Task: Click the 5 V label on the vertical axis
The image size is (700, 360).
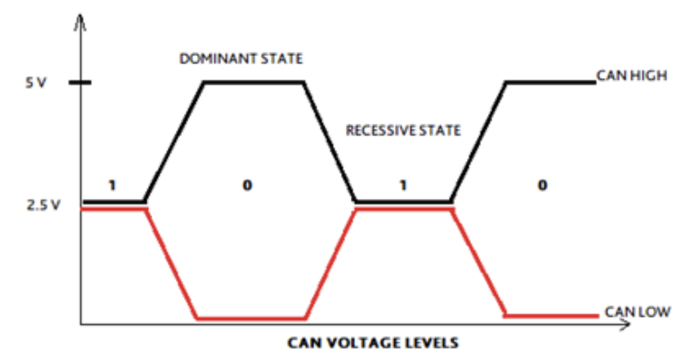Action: pyautogui.click(x=36, y=83)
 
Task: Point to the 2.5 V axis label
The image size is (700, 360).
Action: pyautogui.click(x=43, y=205)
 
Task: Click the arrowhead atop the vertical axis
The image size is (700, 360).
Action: pyautogui.click(x=80, y=21)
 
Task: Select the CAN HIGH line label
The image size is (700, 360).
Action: pyautogui.click(x=632, y=75)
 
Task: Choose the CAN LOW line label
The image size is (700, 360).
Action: pyautogui.click(x=637, y=311)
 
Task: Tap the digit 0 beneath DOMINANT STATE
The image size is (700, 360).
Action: pyautogui.click(x=247, y=185)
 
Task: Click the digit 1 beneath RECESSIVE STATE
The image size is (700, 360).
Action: pyautogui.click(x=403, y=185)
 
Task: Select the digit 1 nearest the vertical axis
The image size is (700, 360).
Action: pyautogui.click(x=112, y=185)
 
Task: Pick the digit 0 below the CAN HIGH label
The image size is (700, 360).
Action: pyautogui.click(x=542, y=185)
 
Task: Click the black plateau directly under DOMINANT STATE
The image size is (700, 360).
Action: pyautogui.click(x=253, y=82)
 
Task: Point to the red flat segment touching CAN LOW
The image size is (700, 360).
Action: pyautogui.click(x=551, y=315)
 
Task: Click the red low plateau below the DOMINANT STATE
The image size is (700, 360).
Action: pyautogui.click(x=251, y=318)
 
